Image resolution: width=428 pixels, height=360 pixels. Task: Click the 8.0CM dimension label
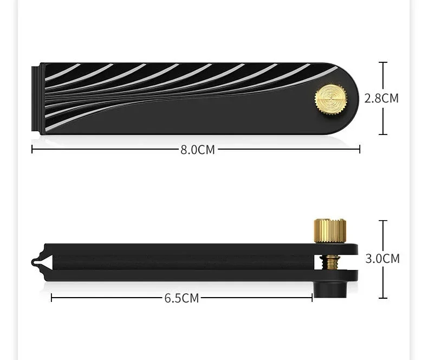(198, 150)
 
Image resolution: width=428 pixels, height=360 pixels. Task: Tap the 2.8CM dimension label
(381, 98)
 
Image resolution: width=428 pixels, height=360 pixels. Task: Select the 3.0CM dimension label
(382, 259)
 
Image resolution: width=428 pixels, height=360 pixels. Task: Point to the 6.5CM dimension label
(181, 298)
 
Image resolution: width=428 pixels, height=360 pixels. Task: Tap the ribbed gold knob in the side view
(330, 231)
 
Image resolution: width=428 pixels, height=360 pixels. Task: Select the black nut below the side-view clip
(330, 290)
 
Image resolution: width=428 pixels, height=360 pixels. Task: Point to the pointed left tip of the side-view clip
(33, 262)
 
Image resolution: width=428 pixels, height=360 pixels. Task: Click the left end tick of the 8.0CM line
(32, 150)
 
